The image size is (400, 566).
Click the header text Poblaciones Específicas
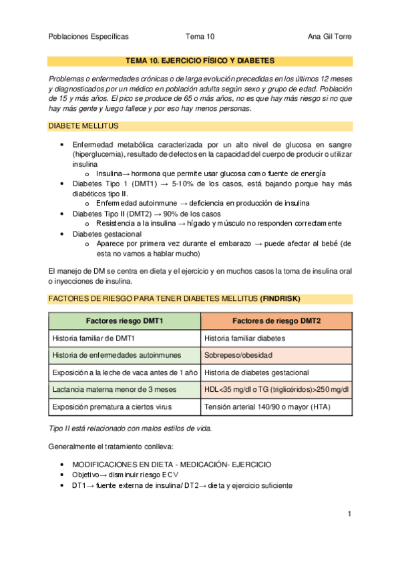[x=89, y=37]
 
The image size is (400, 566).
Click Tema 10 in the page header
[x=200, y=37]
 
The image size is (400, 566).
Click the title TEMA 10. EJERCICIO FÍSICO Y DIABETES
[x=200, y=61]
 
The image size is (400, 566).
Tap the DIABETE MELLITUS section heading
[x=83, y=125]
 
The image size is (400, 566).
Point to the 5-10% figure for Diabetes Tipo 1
[x=186, y=184]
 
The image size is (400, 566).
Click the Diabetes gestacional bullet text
[x=106, y=234]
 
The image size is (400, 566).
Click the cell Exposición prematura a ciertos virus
[x=112, y=406]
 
